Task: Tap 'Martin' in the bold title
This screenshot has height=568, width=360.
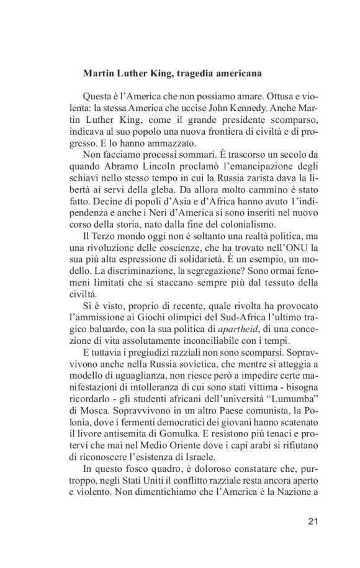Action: click(98, 73)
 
